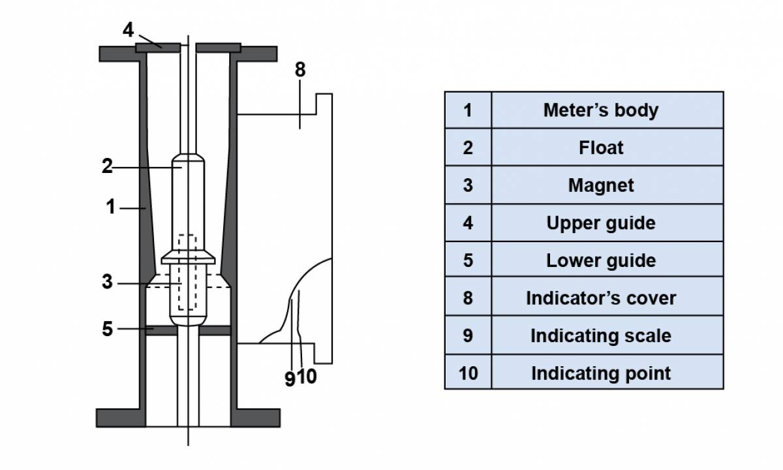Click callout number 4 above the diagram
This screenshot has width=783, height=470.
tap(129, 30)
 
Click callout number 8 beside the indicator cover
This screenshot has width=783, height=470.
tap(299, 70)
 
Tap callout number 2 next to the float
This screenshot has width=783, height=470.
tap(107, 166)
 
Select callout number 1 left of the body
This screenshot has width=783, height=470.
tap(111, 208)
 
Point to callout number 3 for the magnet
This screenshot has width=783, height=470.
tap(107, 283)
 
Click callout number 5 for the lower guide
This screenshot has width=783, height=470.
tap(107, 329)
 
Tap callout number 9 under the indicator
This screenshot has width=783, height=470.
tap(290, 378)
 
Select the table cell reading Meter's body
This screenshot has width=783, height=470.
tap(600, 110)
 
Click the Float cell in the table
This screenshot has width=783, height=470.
tap(600, 148)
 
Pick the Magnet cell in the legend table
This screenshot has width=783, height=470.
tap(600, 185)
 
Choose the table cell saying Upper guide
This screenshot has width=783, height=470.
tap(600, 223)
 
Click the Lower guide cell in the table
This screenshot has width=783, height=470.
tap(600, 260)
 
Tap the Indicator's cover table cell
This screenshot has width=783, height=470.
tap(600, 298)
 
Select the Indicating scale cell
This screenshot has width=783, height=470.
tap(600, 336)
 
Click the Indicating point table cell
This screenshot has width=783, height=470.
tap(600, 373)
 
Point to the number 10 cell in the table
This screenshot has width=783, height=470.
tap(468, 373)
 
